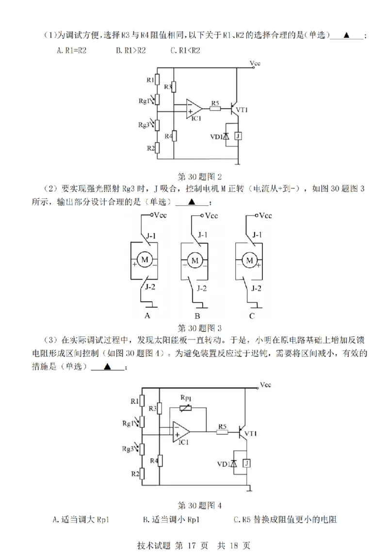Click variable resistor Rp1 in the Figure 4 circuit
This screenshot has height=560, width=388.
(x=186, y=407)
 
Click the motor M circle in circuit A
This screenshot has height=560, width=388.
(x=144, y=261)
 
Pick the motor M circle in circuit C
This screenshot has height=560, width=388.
(x=250, y=261)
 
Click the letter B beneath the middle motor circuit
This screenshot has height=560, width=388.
(x=197, y=316)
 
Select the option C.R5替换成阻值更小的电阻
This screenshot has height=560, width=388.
(x=285, y=520)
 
